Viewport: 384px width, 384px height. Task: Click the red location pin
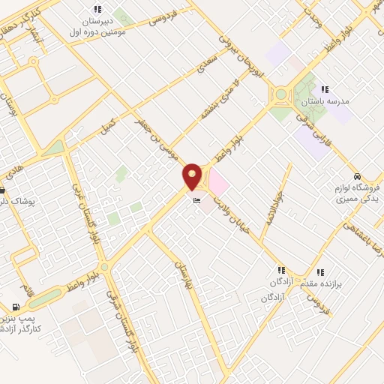[x=193, y=177]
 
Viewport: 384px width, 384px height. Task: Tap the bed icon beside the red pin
[x=197, y=200]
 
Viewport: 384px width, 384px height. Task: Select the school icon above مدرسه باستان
[x=325, y=88]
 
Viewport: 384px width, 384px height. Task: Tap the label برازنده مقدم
[x=334, y=286]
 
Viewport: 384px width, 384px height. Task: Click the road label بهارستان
[x=184, y=276]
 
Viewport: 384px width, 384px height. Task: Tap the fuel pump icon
[x=16, y=307]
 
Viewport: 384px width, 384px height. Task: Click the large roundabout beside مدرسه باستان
[x=282, y=95]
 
